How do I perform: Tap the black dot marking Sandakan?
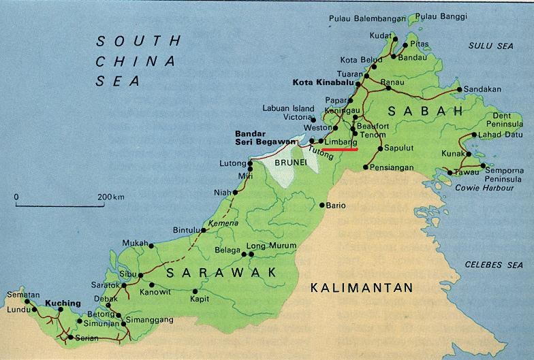click(x=460, y=89)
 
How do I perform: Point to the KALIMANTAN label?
click(x=361, y=288)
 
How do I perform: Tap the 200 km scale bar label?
click(x=111, y=197)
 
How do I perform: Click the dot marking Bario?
click(x=321, y=205)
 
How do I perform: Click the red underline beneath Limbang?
click(x=339, y=150)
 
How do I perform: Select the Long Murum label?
click(x=271, y=246)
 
